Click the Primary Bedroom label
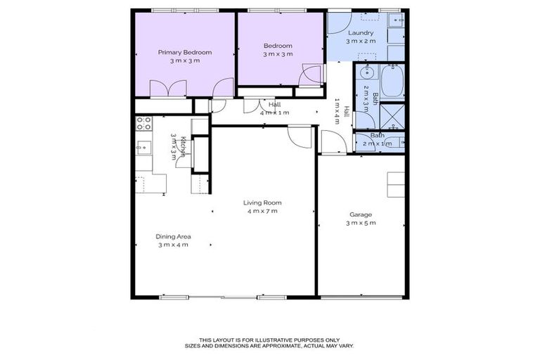point(184,52)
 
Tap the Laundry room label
point(359,32)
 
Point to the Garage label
point(361,214)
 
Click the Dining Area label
point(173,236)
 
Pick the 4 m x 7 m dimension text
point(262,211)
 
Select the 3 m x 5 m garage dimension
point(361,223)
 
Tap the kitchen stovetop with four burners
point(143,124)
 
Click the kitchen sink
point(143,147)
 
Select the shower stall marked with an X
point(392,116)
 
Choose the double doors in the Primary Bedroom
point(168,89)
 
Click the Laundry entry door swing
point(337,23)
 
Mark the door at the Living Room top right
point(300,136)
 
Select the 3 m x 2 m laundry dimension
point(361,41)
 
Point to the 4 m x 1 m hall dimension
point(274,112)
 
